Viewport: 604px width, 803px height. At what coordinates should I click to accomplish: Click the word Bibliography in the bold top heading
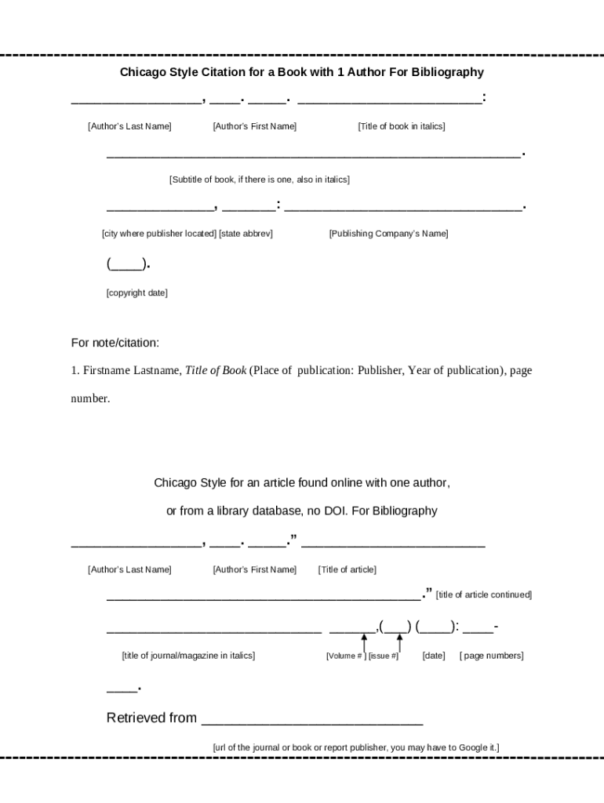[x=445, y=72]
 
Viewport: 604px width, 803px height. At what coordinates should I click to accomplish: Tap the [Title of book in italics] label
[x=401, y=126]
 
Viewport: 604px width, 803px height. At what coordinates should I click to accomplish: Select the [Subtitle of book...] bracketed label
[x=259, y=180]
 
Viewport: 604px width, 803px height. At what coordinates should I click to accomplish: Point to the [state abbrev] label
[x=246, y=234]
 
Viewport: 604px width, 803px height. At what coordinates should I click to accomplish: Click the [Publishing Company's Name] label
[x=388, y=234]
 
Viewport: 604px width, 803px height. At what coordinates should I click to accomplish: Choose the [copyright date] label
[x=136, y=293]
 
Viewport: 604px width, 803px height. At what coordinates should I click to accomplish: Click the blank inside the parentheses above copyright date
[x=126, y=264]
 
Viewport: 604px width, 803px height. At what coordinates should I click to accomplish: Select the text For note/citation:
[x=115, y=343]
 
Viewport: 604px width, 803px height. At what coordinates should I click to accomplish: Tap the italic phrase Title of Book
[x=216, y=370]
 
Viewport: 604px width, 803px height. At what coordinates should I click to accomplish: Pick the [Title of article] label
[x=347, y=569]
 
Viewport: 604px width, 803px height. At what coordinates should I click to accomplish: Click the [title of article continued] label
[x=483, y=595]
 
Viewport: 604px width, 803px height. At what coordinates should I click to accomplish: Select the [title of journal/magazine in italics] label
[x=188, y=656]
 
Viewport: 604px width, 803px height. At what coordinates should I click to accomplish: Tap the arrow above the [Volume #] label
[x=364, y=642]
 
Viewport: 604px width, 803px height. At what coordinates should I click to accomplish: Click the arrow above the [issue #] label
[x=399, y=642]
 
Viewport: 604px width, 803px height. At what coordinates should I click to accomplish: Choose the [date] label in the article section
[x=433, y=656]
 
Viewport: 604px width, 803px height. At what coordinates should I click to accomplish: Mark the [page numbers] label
[x=491, y=656]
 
